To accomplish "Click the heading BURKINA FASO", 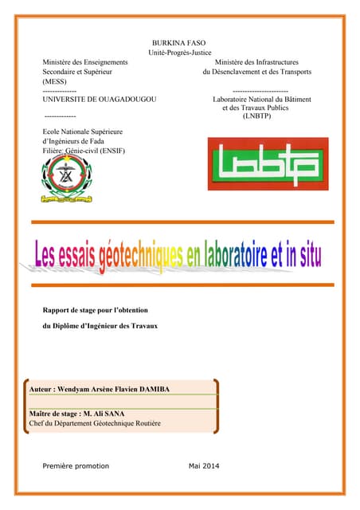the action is [179, 41].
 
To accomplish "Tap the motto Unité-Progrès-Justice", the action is [179, 52].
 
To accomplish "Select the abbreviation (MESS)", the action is [55, 81].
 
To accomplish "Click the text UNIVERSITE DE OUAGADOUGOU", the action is [99, 99].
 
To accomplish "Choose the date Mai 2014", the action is [204, 465].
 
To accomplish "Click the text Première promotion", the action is [75, 465].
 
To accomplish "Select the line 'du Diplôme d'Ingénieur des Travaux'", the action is [100, 327].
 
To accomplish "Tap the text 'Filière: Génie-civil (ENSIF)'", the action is [83, 150].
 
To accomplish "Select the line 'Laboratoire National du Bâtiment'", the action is [261, 99].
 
